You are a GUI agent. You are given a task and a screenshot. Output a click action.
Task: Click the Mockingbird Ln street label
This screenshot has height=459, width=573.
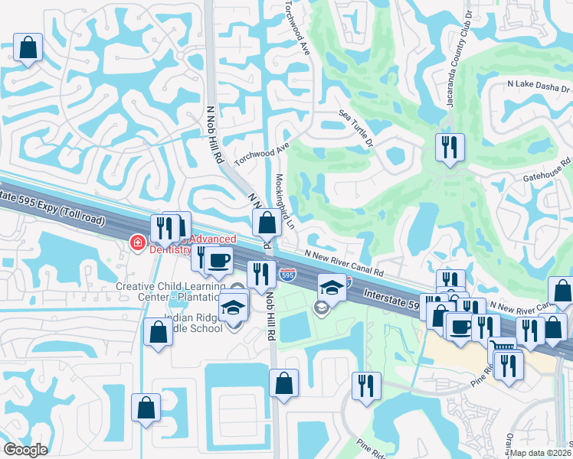click(283, 200)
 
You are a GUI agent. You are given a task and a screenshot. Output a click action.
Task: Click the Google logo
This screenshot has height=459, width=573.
click(25, 450)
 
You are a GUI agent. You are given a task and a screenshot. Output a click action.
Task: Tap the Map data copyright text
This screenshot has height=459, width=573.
click(541, 452)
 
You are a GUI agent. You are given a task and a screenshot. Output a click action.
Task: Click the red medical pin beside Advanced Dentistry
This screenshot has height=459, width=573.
click(138, 243)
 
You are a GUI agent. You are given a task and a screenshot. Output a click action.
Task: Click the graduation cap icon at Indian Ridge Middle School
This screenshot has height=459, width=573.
click(233, 308)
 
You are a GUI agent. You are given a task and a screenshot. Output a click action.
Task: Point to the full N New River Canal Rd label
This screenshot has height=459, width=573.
click(342, 264)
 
